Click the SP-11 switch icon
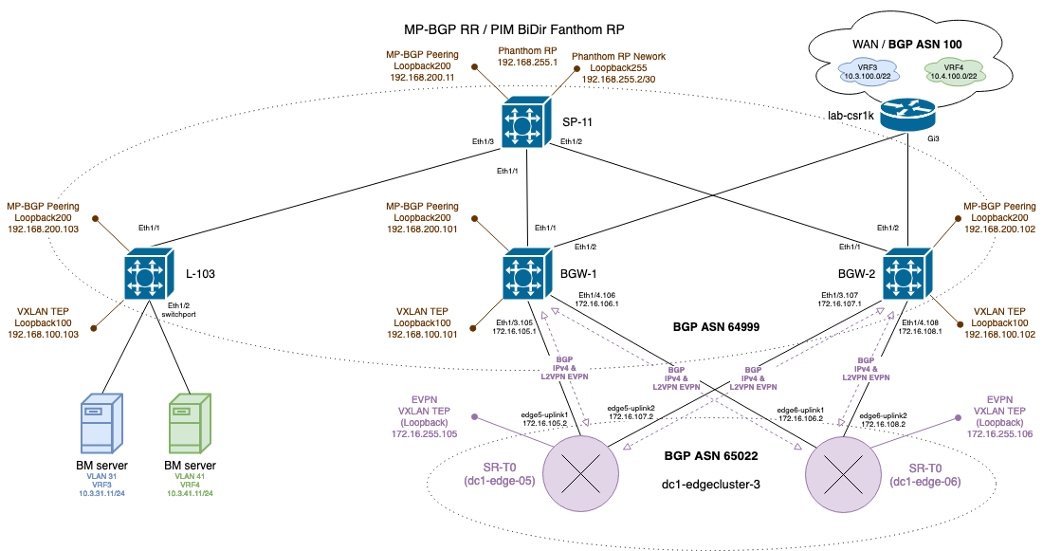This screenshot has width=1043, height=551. click(523, 122)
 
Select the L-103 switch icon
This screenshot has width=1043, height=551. click(149, 276)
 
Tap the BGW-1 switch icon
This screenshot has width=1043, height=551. click(523, 276)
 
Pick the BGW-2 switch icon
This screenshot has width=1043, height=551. click(907, 276)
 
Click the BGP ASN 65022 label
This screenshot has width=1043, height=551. click(711, 456)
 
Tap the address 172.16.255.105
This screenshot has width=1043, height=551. click(425, 433)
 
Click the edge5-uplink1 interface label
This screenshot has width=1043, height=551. click(544, 415)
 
